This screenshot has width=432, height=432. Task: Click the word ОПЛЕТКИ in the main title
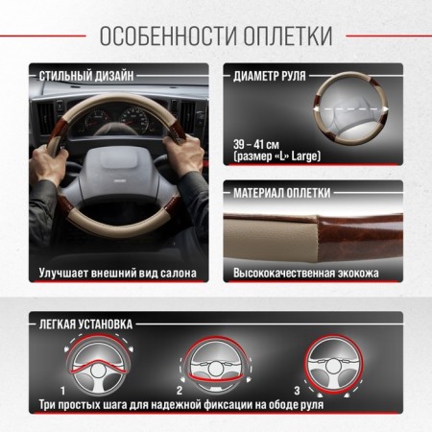point(288,36)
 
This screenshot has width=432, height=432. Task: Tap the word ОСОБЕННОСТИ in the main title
point(169,36)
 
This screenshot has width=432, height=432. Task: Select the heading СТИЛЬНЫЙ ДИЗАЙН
point(86,77)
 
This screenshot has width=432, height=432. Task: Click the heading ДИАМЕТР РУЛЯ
point(270,76)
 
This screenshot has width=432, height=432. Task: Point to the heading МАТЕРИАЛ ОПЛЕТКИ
point(281,193)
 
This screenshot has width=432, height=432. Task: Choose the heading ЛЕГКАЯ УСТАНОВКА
point(85,324)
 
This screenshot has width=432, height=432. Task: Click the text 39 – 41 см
point(256,145)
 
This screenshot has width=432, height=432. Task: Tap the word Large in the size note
point(305,156)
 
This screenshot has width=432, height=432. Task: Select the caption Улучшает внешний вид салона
point(118,274)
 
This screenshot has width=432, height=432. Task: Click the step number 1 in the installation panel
point(63,391)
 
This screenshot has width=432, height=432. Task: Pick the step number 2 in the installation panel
point(180,390)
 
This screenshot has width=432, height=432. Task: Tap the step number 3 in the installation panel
point(297,390)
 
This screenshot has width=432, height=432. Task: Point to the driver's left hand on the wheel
point(48,163)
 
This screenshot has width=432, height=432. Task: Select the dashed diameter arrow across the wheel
point(351,108)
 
